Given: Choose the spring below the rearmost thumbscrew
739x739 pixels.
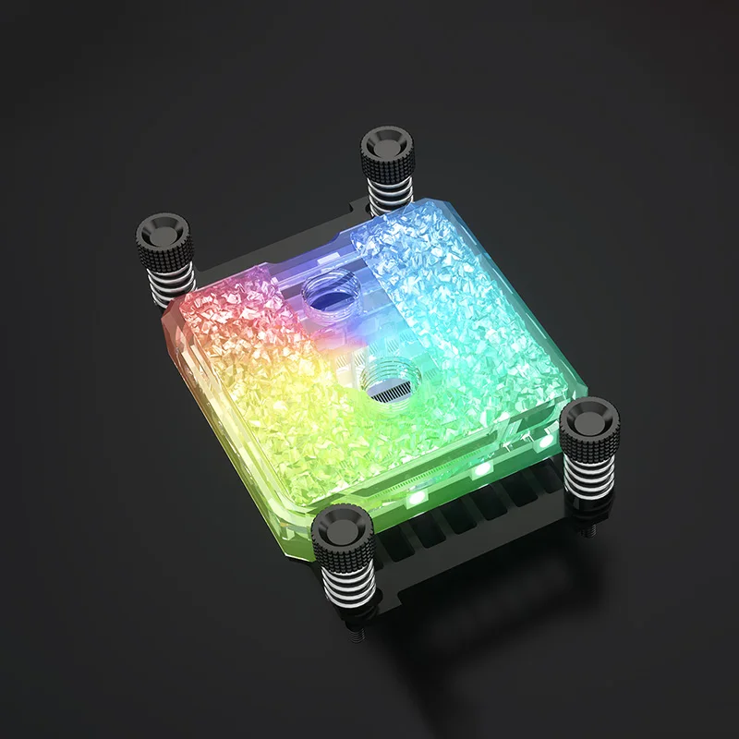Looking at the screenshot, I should (x=385, y=190).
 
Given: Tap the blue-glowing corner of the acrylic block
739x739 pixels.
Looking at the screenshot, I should (x=397, y=242).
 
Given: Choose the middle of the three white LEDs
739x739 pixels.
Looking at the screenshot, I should (x=479, y=470).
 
